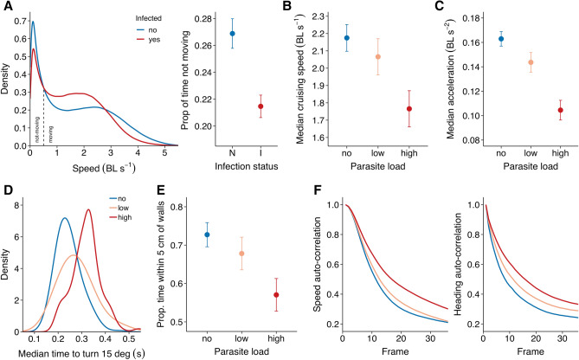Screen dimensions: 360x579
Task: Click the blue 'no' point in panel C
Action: click(503, 39)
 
